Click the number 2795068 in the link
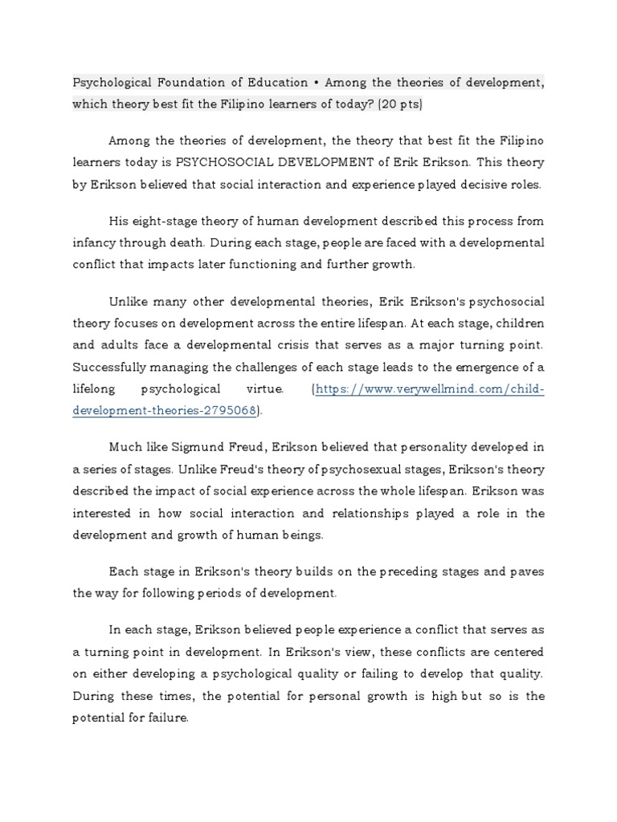232,410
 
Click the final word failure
168,718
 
